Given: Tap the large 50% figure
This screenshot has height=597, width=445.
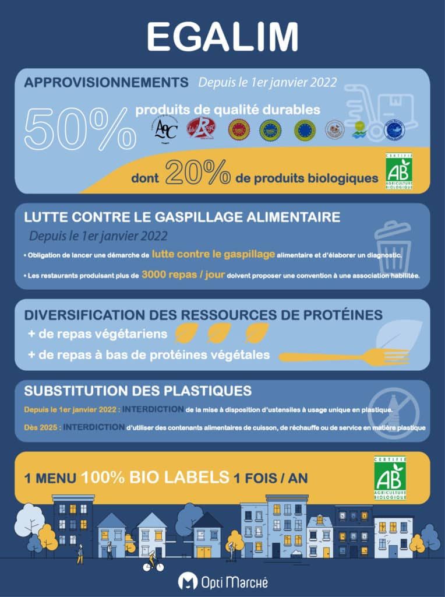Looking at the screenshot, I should point(79,128).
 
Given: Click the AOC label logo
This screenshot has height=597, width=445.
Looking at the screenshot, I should point(164,129).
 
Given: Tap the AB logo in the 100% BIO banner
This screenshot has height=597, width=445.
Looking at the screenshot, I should point(391,478).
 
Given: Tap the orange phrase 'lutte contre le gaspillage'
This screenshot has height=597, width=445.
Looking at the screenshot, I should point(213,254).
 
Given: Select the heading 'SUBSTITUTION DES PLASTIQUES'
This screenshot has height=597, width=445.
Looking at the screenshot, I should point(138,390).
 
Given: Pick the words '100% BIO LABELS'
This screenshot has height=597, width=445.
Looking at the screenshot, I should point(155,477).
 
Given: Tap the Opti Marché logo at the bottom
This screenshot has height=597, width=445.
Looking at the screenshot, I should point(223,581).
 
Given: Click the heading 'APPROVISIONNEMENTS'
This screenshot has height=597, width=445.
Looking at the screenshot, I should point(106,82).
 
